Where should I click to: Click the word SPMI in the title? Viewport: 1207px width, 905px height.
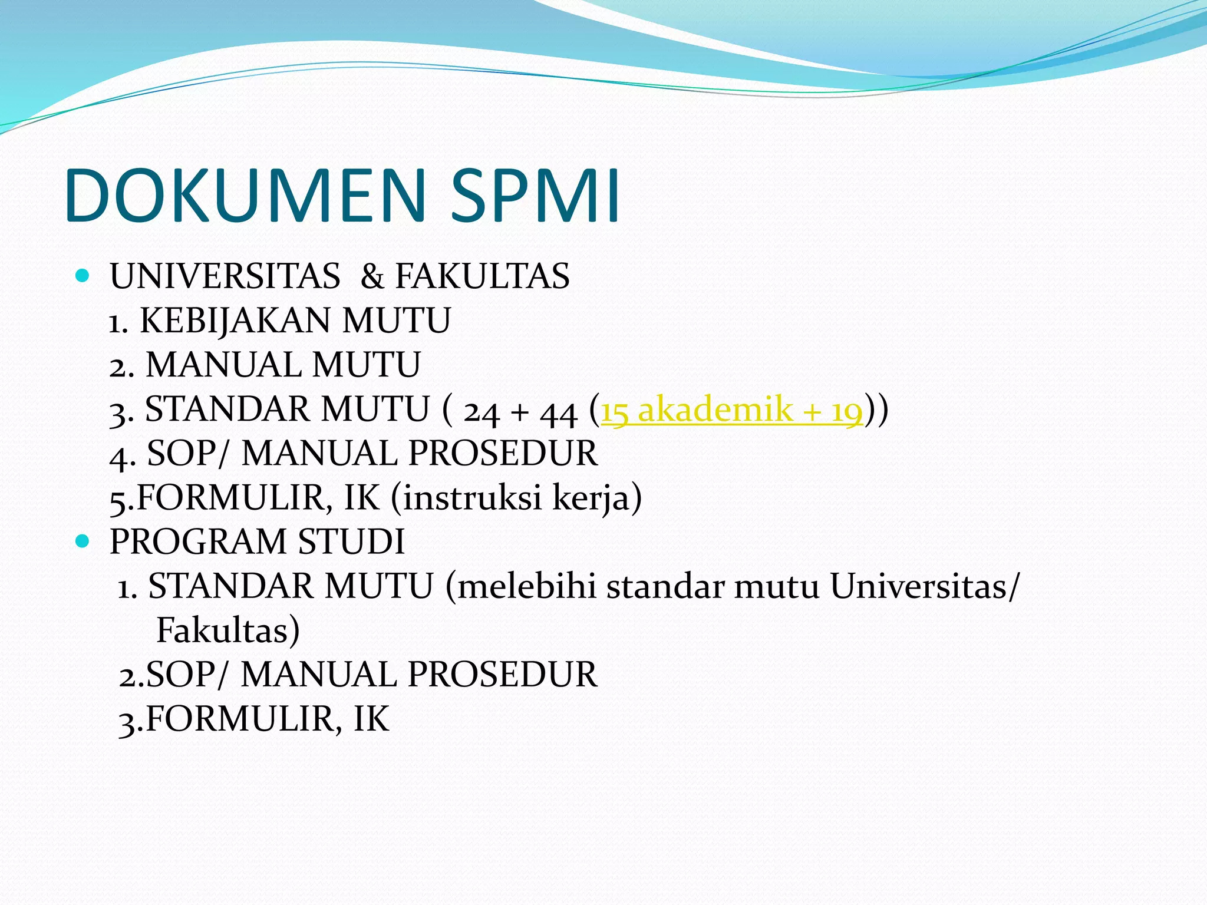[535, 196]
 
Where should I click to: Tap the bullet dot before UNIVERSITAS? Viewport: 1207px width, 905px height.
[83, 275]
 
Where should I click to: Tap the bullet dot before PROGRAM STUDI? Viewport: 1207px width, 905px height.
[83, 540]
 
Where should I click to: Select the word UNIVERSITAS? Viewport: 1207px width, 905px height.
[225, 276]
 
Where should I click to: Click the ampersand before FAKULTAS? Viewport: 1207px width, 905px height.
[372, 276]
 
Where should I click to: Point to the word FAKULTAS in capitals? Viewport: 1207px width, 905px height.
[482, 276]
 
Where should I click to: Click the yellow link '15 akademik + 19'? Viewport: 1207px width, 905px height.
[731, 409]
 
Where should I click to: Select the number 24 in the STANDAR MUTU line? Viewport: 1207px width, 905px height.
[482, 411]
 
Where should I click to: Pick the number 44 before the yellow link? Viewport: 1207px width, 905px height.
[558, 411]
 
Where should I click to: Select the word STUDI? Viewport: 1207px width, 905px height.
[351, 541]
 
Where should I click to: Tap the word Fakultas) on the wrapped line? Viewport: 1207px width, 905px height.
[228, 630]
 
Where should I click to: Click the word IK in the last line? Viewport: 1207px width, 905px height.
[371, 719]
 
